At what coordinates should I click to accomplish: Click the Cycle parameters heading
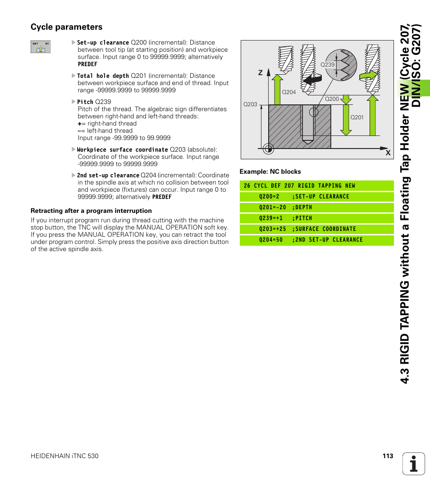point(66,27)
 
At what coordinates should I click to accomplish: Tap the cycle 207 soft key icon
point(41,47)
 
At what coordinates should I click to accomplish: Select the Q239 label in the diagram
point(327,65)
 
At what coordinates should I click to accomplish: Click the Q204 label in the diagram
point(288,92)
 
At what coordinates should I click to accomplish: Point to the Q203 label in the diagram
point(250,104)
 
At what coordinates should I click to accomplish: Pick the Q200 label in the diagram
point(332,99)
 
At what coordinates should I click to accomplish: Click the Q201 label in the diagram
point(357,117)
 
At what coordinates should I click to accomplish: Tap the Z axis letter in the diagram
point(260,72)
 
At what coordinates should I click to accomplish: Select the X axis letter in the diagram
point(387,153)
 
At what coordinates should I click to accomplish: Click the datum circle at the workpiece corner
point(269,148)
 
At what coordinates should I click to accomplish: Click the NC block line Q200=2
point(304,197)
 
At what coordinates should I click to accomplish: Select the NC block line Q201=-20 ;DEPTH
point(285,207)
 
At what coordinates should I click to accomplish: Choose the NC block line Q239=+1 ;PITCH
point(285,218)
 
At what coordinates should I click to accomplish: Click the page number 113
point(388,456)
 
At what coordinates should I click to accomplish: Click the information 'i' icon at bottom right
point(414,464)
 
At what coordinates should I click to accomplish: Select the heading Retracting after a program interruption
point(91,211)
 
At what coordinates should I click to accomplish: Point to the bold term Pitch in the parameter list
point(85,102)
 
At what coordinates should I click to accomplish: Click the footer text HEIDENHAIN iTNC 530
point(64,456)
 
